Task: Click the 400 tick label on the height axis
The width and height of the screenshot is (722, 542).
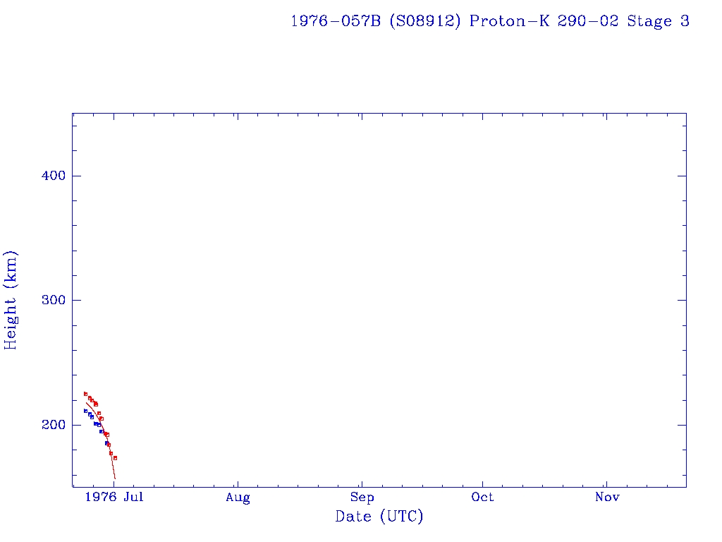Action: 54,176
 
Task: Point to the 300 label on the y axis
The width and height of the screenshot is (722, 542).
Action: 54,300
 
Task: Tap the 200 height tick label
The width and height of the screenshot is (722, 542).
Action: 54,425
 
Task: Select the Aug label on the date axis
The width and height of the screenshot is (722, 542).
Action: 238,498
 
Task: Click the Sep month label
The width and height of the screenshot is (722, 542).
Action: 362,498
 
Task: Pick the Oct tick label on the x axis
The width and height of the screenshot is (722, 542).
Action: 483,498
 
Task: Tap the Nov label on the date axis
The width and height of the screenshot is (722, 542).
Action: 607,498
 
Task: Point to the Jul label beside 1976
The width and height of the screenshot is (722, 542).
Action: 133,498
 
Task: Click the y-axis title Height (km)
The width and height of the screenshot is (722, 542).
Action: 11,300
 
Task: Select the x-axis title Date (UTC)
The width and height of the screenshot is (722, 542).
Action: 379,517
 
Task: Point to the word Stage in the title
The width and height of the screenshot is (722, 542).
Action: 650,21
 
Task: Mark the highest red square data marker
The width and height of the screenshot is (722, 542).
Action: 85,394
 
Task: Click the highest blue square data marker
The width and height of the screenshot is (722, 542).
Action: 85,411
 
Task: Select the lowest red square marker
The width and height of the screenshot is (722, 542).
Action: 115,458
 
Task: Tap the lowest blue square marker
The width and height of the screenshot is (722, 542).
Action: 106,442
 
